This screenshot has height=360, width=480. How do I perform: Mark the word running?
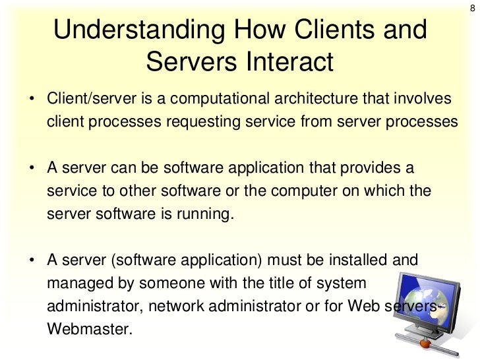click(206, 214)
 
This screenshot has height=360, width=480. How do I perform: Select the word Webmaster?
click(90, 329)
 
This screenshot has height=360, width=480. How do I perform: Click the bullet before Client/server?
click(31, 100)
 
